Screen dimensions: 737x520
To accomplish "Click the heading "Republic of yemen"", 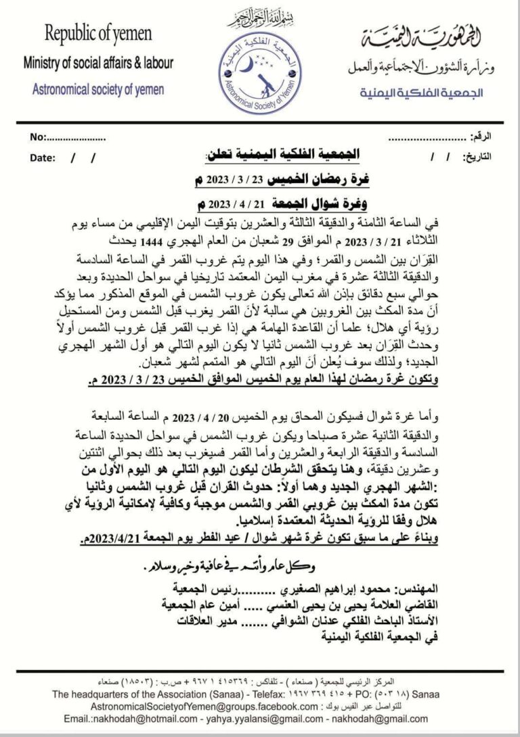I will coord(98,34).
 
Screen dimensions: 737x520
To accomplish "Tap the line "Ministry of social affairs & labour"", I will coord(98,64).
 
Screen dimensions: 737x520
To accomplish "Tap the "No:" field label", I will coord(38,137).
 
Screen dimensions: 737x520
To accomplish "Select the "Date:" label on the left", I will coord(42,158).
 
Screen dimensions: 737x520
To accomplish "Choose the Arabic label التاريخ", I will coord(477,158).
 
